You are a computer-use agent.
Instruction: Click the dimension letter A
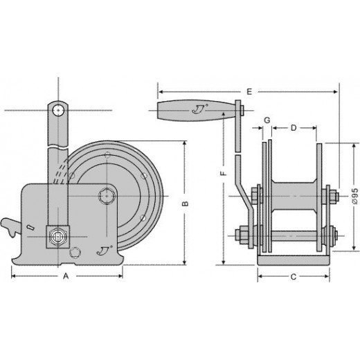tap(66, 276)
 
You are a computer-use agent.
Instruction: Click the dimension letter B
tap(185, 204)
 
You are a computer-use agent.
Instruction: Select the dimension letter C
tap(294, 277)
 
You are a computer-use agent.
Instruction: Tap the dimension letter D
tap(294, 128)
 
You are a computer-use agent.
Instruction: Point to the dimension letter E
tap(249, 91)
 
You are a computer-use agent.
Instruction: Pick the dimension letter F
tap(224, 173)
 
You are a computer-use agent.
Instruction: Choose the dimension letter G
tap(267, 120)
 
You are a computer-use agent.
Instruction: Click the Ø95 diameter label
tap(355, 196)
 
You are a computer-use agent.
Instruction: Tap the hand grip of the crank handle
tap(196, 110)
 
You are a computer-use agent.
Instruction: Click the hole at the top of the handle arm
tap(58, 111)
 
